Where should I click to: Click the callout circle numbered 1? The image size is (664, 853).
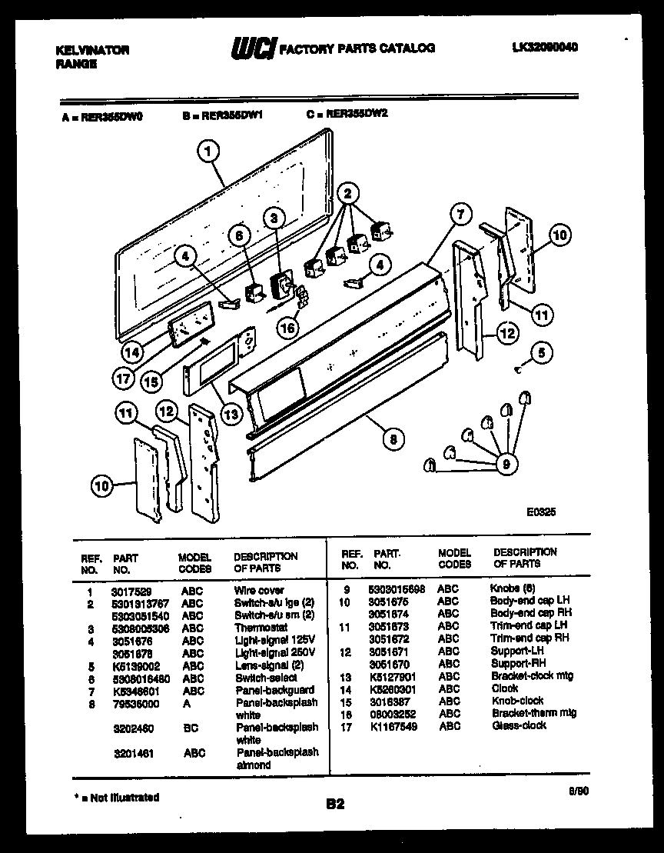pos(207,152)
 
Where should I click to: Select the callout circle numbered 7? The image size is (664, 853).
pos(459,215)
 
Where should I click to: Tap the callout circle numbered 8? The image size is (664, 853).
pos(393,439)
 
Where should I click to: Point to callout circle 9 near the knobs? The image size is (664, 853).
pos(506,463)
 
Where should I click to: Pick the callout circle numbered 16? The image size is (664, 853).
pos(287,328)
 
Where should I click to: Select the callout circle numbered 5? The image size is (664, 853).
pos(541,353)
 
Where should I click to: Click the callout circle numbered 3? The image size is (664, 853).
pos(272,218)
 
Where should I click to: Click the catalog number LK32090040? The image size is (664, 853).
pos(545,48)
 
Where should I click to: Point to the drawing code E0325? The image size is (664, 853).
pos(541,509)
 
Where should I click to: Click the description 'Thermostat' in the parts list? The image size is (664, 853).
pos(261,628)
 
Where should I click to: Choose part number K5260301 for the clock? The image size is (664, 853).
pos(393,688)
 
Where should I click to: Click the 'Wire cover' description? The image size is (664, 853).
pos(259,591)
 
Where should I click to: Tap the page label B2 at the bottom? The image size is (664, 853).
pos(335,805)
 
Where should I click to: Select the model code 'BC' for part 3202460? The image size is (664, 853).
pos(191,727)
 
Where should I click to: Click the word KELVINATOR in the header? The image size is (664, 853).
pos(92,50)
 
